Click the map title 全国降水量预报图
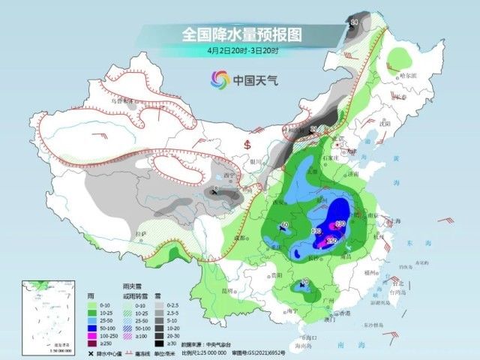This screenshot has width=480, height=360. coord(229,34)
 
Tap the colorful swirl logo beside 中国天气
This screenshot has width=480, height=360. coord(220,79)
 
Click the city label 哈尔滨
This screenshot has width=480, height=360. coord(406,75)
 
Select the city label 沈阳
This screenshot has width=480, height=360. coord(385,121)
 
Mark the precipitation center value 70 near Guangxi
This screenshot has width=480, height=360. coord(304,282)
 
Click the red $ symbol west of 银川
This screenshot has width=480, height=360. coord(247,142)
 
